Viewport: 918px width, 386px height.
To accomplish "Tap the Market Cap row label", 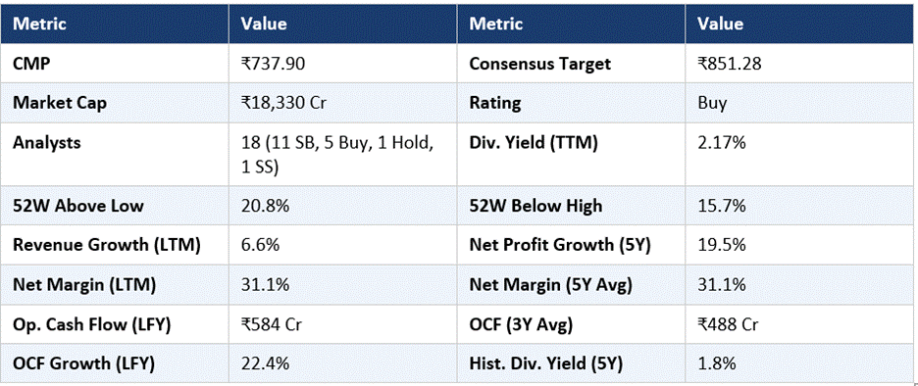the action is pyautogui.click(x=60, y=104).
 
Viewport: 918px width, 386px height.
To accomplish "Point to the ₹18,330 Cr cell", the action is pyautogui.click(x=283, y=104).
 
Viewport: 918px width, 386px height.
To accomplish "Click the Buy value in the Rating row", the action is pyautogui.click(x=712, y=104).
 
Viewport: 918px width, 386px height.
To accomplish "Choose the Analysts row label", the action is pyautogui.click(x=47, y=143).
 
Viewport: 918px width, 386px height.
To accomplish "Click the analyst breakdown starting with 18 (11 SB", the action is pyautogui.click(x=337, y=155).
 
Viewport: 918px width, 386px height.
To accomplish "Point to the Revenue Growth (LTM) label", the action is pyautogui.click(x=107, y=245).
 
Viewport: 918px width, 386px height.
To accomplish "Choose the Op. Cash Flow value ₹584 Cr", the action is pyautogui.click(x=274, y=324).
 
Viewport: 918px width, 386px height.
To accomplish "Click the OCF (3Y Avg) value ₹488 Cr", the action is pyautogui.click(x=730, y=324).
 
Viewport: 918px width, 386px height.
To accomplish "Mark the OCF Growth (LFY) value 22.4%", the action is pyautogui.click(x=265, y=363).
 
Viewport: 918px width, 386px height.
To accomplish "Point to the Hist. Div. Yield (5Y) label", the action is pyautogui.click(x=545, y=363).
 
